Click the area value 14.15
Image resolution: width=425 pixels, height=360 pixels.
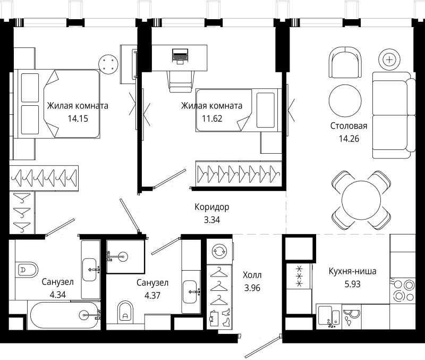pyautogui.click(x=78, y=119)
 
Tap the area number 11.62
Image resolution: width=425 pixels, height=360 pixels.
pyautogui.click(x=212, y=119)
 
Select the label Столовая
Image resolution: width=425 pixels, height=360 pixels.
pyautogui.click(x=349, y=125)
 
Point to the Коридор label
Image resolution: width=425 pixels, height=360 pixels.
pyautogui.click(x=211, y=207)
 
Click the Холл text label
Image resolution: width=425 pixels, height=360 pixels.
pyautogui.click(x=252, y=275)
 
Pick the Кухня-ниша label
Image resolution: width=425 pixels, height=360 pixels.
pyautogui.click(x=352, y=271)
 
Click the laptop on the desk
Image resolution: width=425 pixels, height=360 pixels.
pyautogui.click(x=180, y=56)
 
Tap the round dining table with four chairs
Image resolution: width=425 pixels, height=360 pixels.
pyautogui.click(x=361, y=201)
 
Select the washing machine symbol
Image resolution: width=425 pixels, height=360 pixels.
pyautogui.click(x=219, y=251)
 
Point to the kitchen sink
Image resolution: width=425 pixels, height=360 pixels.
pyautogui.click(x=329, y=316)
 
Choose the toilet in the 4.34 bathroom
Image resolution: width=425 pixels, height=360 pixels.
pyautogui.click(x=26, y=270)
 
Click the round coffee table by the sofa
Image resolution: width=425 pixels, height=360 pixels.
pyautogui.click(x=345, y=101)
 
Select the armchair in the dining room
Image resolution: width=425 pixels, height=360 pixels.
pyautogui.click(x=345, y=63)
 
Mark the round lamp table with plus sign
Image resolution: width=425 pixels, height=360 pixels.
pyautogui.click(x=389, y=60)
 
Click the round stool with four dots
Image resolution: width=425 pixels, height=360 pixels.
pyautogui.click(x=108, y=64)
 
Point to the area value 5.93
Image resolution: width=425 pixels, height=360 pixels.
pyautogui.click(x=352, y=284)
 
